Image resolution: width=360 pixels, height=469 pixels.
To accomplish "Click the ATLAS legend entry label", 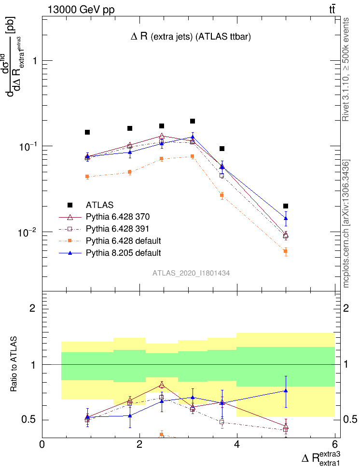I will pyautogui.click(x=100, y=205).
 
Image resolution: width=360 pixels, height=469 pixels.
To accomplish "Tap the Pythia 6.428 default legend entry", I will pyautogui.click(x=123, y=241).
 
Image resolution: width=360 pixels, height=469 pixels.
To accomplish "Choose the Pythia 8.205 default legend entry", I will pyautogui.click(x=123, y=253).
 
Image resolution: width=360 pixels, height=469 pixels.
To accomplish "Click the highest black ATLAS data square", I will pyautogui.click(x=193, y=121).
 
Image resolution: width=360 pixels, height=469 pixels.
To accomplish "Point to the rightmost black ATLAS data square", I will pyautogui.click(x=286, y=206).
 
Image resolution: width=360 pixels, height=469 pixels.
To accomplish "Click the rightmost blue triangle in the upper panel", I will pyautogui.click(x=286, y=219).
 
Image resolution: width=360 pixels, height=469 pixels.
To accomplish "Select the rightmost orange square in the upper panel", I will pyautogui.click(x=286, y=251).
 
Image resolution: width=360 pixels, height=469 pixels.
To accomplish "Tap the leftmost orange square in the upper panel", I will pyautogui.click(x=87, y=177).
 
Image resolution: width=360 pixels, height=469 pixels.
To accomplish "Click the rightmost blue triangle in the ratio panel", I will pyautogui.click(x=286, y=391).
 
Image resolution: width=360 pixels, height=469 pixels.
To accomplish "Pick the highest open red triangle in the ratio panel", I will pyautogui.click(x=162, y=385).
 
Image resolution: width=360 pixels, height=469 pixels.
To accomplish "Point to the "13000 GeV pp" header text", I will pyautogui.click(x=81, y=9).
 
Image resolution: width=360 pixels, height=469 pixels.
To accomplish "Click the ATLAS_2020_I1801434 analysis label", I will pyautogui.click(x=191, y=273).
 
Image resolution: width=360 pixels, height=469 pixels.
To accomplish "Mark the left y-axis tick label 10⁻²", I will pyautogui.click(x=27, y=233).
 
